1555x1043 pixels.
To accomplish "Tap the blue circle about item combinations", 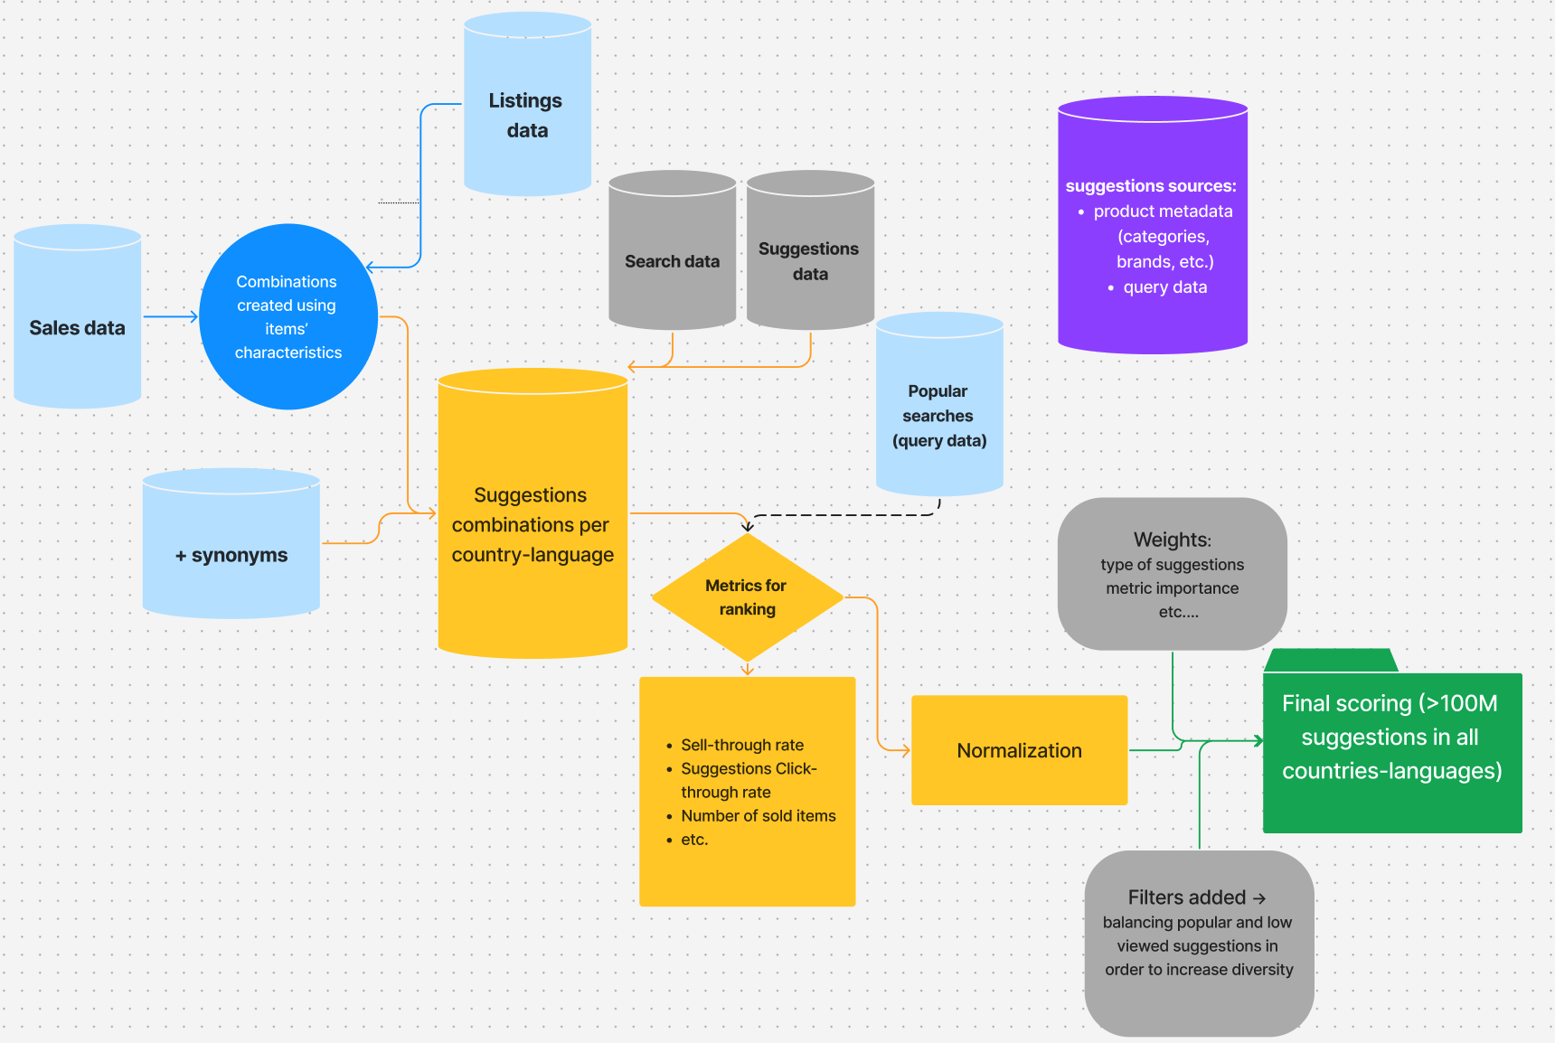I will point(288,317).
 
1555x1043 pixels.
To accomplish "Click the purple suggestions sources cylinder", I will point(1153,226).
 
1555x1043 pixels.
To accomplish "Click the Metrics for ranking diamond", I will point(747,597).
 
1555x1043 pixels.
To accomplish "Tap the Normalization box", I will point(1019,750).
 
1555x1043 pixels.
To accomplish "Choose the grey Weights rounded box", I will point(1172,574).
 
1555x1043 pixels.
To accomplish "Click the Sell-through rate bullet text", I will point(742,745).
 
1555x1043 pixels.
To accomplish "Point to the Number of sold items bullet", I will point(759,815).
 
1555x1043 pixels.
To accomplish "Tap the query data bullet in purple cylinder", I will point(1164,287).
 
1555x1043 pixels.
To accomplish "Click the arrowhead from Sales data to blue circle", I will point(194,316).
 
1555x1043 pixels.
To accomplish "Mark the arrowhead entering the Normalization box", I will point(906,750).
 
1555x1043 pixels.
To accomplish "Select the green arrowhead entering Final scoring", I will point(1259,741).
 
